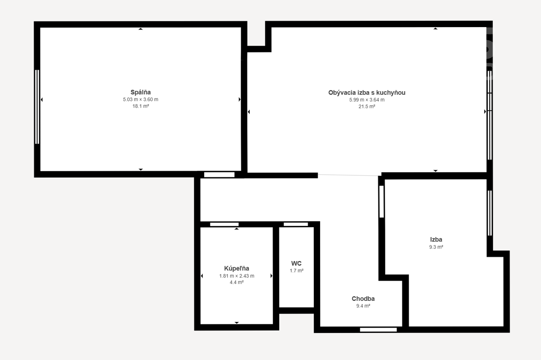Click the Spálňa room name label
[140, 92]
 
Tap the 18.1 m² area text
[140, 106]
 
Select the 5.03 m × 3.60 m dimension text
[140, 99]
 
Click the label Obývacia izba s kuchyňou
[367, 93]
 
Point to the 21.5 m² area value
[367, 106]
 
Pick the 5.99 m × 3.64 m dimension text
[367, 100]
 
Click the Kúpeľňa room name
[236, 268]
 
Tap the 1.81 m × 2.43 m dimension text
[236, 276]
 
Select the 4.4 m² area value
[236, 282]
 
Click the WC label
[296, 263]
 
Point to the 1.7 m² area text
[296, 271]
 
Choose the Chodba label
[363, 299]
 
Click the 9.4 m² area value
[363, 306]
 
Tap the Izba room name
[436, 239]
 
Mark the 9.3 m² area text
[436, 247]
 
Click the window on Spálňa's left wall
[37, 107]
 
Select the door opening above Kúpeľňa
[224, 224]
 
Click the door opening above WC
[296, 224]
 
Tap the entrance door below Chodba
[378, 330]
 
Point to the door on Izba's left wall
[381, 201]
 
